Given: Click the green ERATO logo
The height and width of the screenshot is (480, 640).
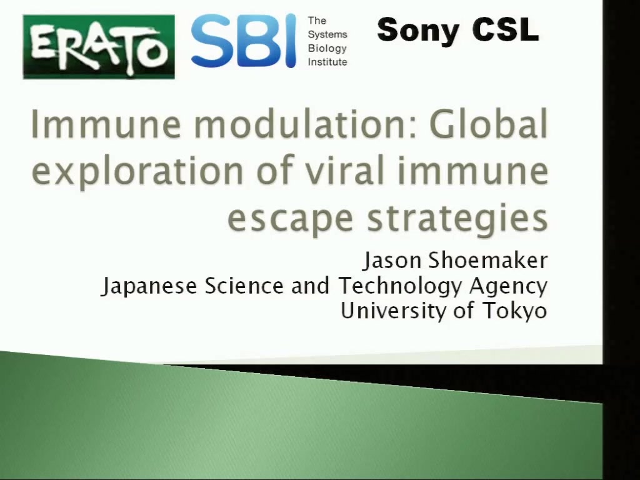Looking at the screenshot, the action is (x=99, y=46).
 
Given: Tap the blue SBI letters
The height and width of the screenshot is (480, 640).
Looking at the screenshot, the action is (x=243, y=41).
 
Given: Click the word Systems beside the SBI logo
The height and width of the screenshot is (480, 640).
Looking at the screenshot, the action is (x=327, y=35).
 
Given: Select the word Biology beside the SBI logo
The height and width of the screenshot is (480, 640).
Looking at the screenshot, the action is (x=327, y=49).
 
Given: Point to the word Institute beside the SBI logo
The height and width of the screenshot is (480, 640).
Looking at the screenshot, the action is (x=327, y=62).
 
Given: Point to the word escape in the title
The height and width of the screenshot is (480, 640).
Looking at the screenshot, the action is (x=290, y=218).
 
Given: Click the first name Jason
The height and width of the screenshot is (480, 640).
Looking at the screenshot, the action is (x=392, y=261).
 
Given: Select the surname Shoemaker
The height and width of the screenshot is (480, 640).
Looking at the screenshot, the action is (x=487, y=260).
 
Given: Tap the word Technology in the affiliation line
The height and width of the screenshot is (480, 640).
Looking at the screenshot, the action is (x=399, y=286).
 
